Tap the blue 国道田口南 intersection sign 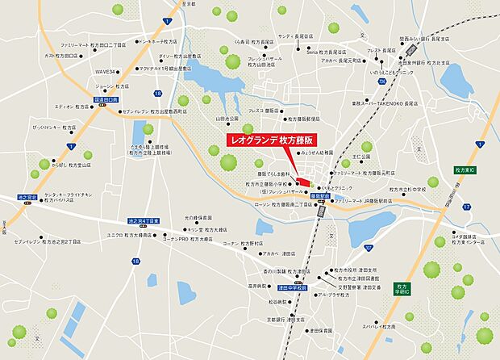coord(106,99)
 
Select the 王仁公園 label coord(360,156)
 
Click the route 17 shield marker coord(467,207)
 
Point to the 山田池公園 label coord(227,119)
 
